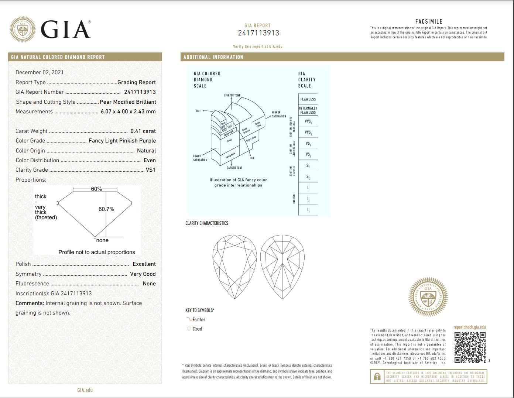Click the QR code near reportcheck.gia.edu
[470, 347]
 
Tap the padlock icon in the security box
[377, 377]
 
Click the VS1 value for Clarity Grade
[151, 170]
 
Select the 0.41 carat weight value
[143, 131]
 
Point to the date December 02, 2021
[39, 72]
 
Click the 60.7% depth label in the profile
[106, 209]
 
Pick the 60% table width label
[96, 189]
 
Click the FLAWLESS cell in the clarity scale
[308, 99]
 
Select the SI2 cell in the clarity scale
[308, 177]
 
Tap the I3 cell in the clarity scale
[308, 210]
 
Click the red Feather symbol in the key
[189, 319]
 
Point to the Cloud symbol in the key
[189, 329]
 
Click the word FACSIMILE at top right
[429, 21]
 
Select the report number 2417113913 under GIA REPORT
[258, 33]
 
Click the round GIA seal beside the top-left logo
[23, 29]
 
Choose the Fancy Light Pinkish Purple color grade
[122, 141]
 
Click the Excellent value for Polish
[144, 264]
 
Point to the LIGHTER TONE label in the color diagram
[232, 96]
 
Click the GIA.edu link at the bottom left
[85, 390]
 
